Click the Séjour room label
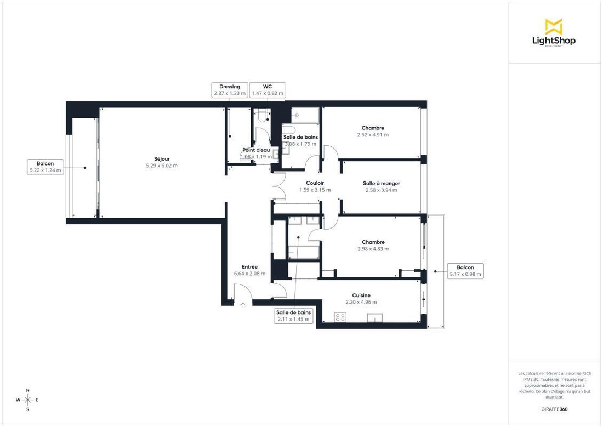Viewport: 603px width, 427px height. [162, 159]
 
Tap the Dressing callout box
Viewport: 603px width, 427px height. [230, 90]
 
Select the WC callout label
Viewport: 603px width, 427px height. [268, 87]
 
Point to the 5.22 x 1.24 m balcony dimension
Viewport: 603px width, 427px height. [45, 170]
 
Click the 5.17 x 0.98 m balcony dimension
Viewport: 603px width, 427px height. [465, 274]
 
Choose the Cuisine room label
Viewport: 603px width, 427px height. [361, 295]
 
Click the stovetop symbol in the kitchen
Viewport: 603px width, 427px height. [340, 317]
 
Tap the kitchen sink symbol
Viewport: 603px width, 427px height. [375, 318]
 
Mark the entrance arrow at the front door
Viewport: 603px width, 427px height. [243, 305]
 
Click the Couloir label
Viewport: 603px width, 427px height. [315, 183]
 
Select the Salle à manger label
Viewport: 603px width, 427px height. [382, 184]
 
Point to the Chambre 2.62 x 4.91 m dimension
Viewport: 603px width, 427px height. [373, 135]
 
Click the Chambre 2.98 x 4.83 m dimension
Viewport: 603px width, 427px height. [373, 249]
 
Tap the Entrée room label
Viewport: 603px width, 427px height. [249, 267]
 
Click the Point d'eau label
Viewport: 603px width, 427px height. [256, 150]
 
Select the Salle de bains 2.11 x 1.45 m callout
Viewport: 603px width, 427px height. [293, 316]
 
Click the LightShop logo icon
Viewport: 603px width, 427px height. [554, 26]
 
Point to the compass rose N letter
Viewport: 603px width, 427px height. [28, 390]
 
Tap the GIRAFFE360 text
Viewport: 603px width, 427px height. [554, 409]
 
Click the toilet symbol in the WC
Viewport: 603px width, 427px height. [263, 116]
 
